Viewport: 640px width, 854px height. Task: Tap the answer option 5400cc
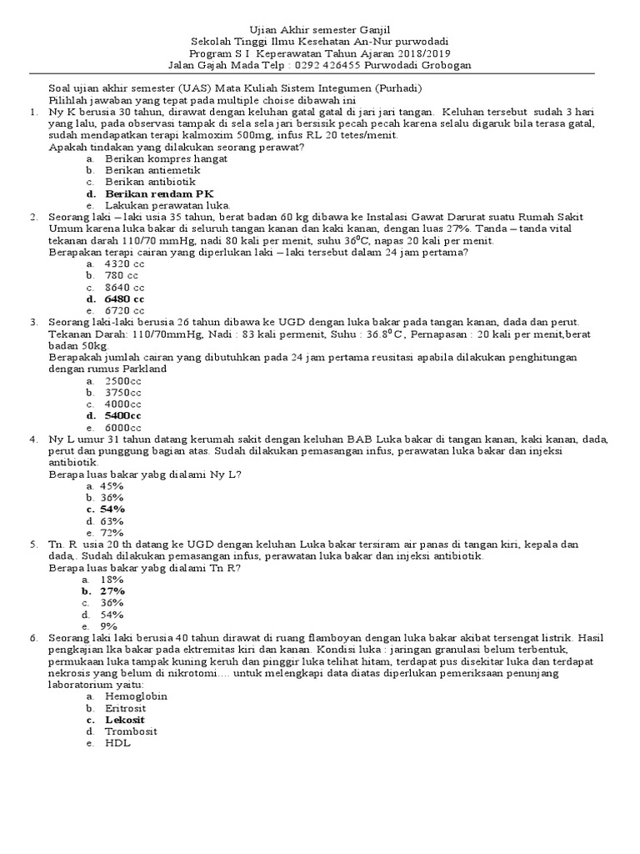[x=123, y=415]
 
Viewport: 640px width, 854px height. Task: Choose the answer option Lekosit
[x=125, y=720]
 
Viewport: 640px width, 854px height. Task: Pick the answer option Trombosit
[x=131, y=731]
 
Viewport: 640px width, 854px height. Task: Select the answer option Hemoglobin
[x=136, y=696]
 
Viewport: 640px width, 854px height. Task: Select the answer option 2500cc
[x=123, y=380]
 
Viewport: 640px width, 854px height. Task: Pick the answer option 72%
[x=112, y=532]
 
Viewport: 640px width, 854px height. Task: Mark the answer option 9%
[x=108, y=625]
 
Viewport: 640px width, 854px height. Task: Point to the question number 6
[x=33, y=637]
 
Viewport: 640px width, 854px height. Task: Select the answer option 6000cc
[x=123, y=427]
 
